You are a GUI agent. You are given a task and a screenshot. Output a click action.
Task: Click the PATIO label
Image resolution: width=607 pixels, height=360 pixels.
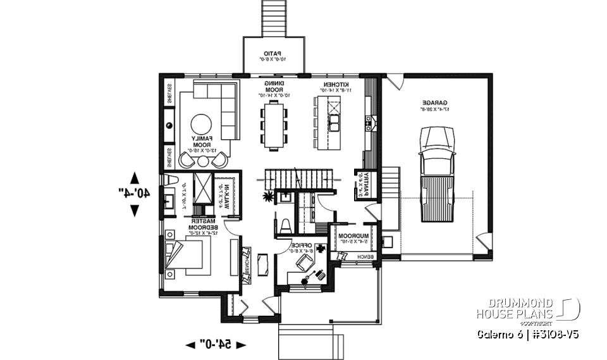(273, 56)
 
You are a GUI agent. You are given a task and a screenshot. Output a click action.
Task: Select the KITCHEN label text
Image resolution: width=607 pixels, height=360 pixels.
(333, 87)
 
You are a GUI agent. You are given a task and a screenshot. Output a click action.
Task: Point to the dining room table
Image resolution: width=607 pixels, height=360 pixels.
(274, 127)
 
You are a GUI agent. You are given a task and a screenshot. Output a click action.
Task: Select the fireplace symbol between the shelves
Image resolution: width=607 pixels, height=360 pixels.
(169, 125)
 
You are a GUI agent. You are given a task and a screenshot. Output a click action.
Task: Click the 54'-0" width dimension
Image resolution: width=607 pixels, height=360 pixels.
(216, 344)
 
